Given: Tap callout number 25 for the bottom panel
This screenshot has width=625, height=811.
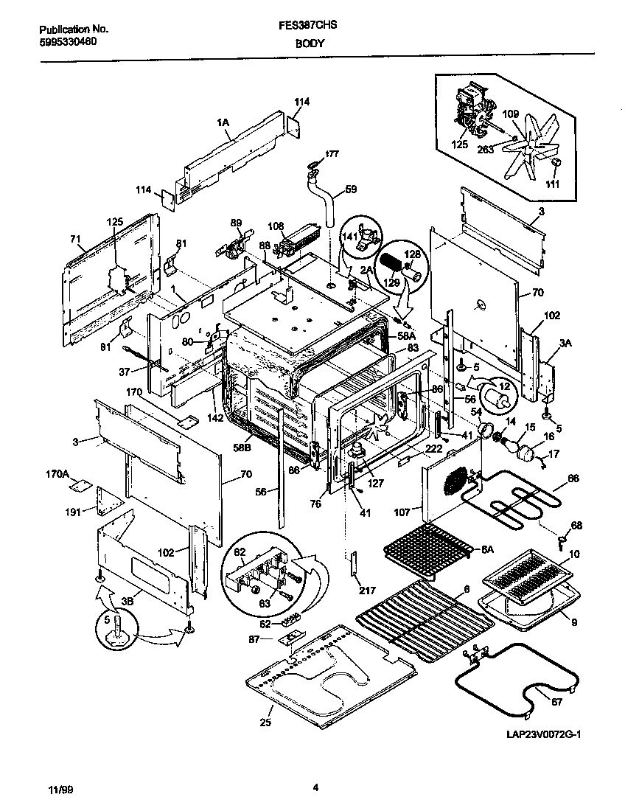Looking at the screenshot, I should (266, 722).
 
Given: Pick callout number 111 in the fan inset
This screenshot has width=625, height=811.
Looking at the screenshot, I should (552, 184).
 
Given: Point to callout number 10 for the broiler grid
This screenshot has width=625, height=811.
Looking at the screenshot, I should (573, 553).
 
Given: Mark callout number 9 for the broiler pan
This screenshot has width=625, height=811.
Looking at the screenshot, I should (573, 622).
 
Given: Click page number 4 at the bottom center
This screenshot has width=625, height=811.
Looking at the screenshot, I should (315, 788).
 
